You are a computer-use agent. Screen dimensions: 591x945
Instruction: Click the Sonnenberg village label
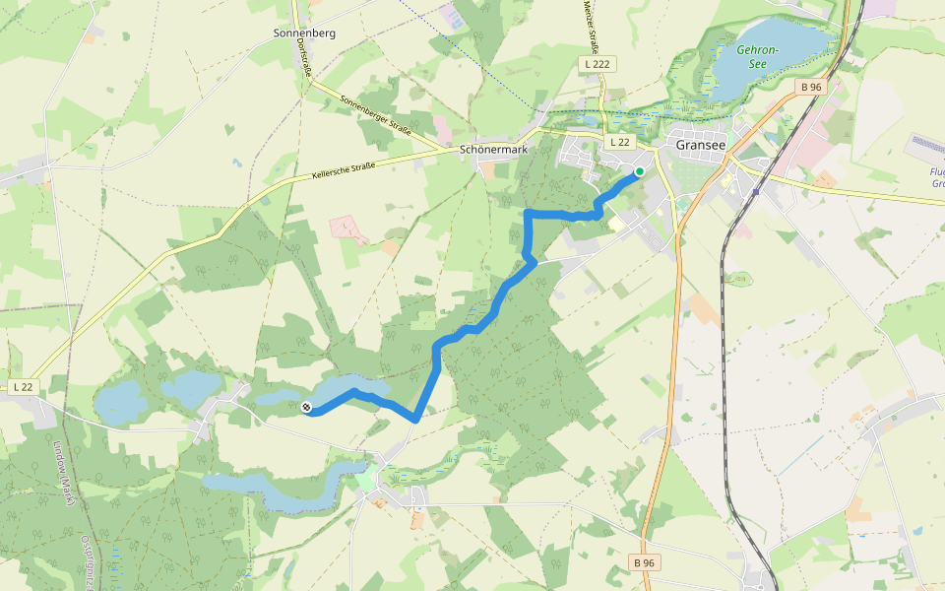click(x=304, y=33)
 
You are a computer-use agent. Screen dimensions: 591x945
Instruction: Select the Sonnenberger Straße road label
click(x=374, y=115)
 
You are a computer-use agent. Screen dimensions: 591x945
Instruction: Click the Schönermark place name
click(x=493, y=150)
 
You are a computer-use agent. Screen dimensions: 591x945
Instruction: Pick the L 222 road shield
click(x=593, y=63)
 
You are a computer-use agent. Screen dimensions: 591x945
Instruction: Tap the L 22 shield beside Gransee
click(x=618, y=142)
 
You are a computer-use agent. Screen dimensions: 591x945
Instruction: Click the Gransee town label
click(x=701, y=144)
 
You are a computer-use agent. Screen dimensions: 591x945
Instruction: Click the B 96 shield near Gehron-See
click(x=810, y=87)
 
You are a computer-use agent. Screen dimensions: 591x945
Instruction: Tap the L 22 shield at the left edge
click(x=24, y=387)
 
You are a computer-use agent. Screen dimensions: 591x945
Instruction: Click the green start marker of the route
click(x=639, y=171)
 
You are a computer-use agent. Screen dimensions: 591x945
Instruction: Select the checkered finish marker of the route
click(x=305, y=407)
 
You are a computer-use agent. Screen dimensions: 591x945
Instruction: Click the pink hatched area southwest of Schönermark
click(x=346, y=228)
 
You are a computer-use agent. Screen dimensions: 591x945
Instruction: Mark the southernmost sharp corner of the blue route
click(x=415, y=420)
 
